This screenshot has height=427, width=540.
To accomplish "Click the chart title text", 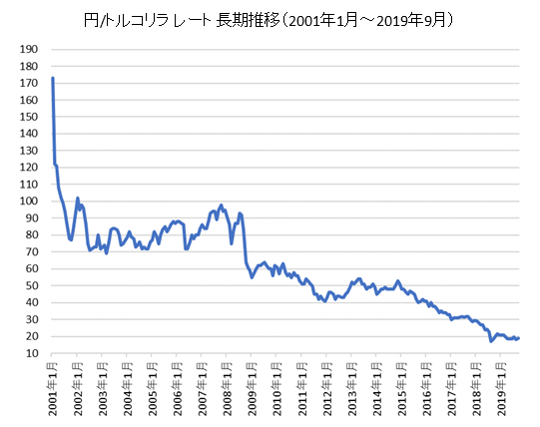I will click(x=270, y=19).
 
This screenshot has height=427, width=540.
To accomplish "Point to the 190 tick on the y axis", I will click(x=29, y=48).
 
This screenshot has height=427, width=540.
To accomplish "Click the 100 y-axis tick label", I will click(x=29, y=201).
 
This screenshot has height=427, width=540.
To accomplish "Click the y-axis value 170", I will click(x=29, y=82).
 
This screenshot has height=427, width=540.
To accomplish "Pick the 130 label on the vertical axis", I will click(x=29, y=150).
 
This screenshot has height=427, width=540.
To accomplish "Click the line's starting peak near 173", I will click(x=52, y=78).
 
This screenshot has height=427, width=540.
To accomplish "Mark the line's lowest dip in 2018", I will click(x=491, y=341).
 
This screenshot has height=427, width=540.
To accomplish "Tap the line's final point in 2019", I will click(x=519, y=338).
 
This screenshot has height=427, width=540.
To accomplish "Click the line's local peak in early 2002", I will click(x=78, y=198).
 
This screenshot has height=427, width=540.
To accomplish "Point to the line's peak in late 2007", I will click(x=222, y=206).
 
